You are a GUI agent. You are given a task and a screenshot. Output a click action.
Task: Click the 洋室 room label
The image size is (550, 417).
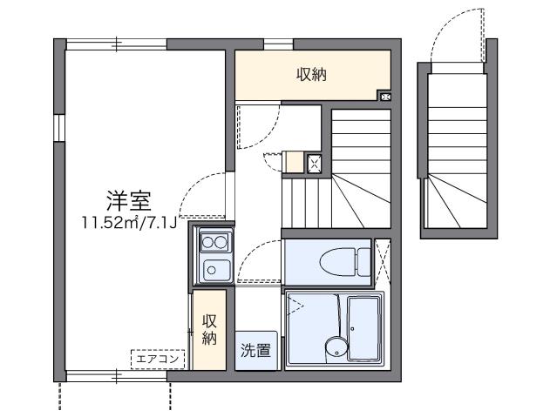[x=130, y=200]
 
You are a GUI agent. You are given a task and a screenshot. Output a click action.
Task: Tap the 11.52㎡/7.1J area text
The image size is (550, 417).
[x=130, y=222]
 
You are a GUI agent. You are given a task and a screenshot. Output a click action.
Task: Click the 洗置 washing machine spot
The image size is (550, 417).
[x=255, y=351]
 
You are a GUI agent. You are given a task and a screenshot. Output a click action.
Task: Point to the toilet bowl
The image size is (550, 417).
[x=336, y=259]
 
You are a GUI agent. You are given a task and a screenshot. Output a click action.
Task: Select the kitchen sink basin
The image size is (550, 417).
[x=215, y=270]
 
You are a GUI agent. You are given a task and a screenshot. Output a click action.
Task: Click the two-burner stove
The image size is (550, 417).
[x=215, y=240]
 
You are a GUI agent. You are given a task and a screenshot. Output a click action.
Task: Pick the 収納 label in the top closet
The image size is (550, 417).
[x=311, y=75]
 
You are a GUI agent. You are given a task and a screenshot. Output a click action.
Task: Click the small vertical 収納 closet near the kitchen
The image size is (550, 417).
[x=209, y=329]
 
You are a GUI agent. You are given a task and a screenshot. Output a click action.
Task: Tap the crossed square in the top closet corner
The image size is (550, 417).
[x=384, y=96]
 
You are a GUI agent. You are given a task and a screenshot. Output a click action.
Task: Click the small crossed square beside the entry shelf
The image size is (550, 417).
[x=315, y=162]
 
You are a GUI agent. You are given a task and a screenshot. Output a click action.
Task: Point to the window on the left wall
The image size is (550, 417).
[x=58, y=127]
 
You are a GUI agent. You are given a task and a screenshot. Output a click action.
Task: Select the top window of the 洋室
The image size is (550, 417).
[x=116, y=42]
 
